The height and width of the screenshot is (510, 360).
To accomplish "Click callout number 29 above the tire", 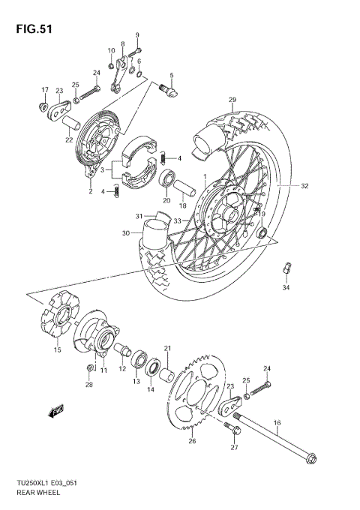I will click(x=232, y=100).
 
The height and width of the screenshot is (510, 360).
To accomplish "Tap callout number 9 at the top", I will click(x=137, y=35).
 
